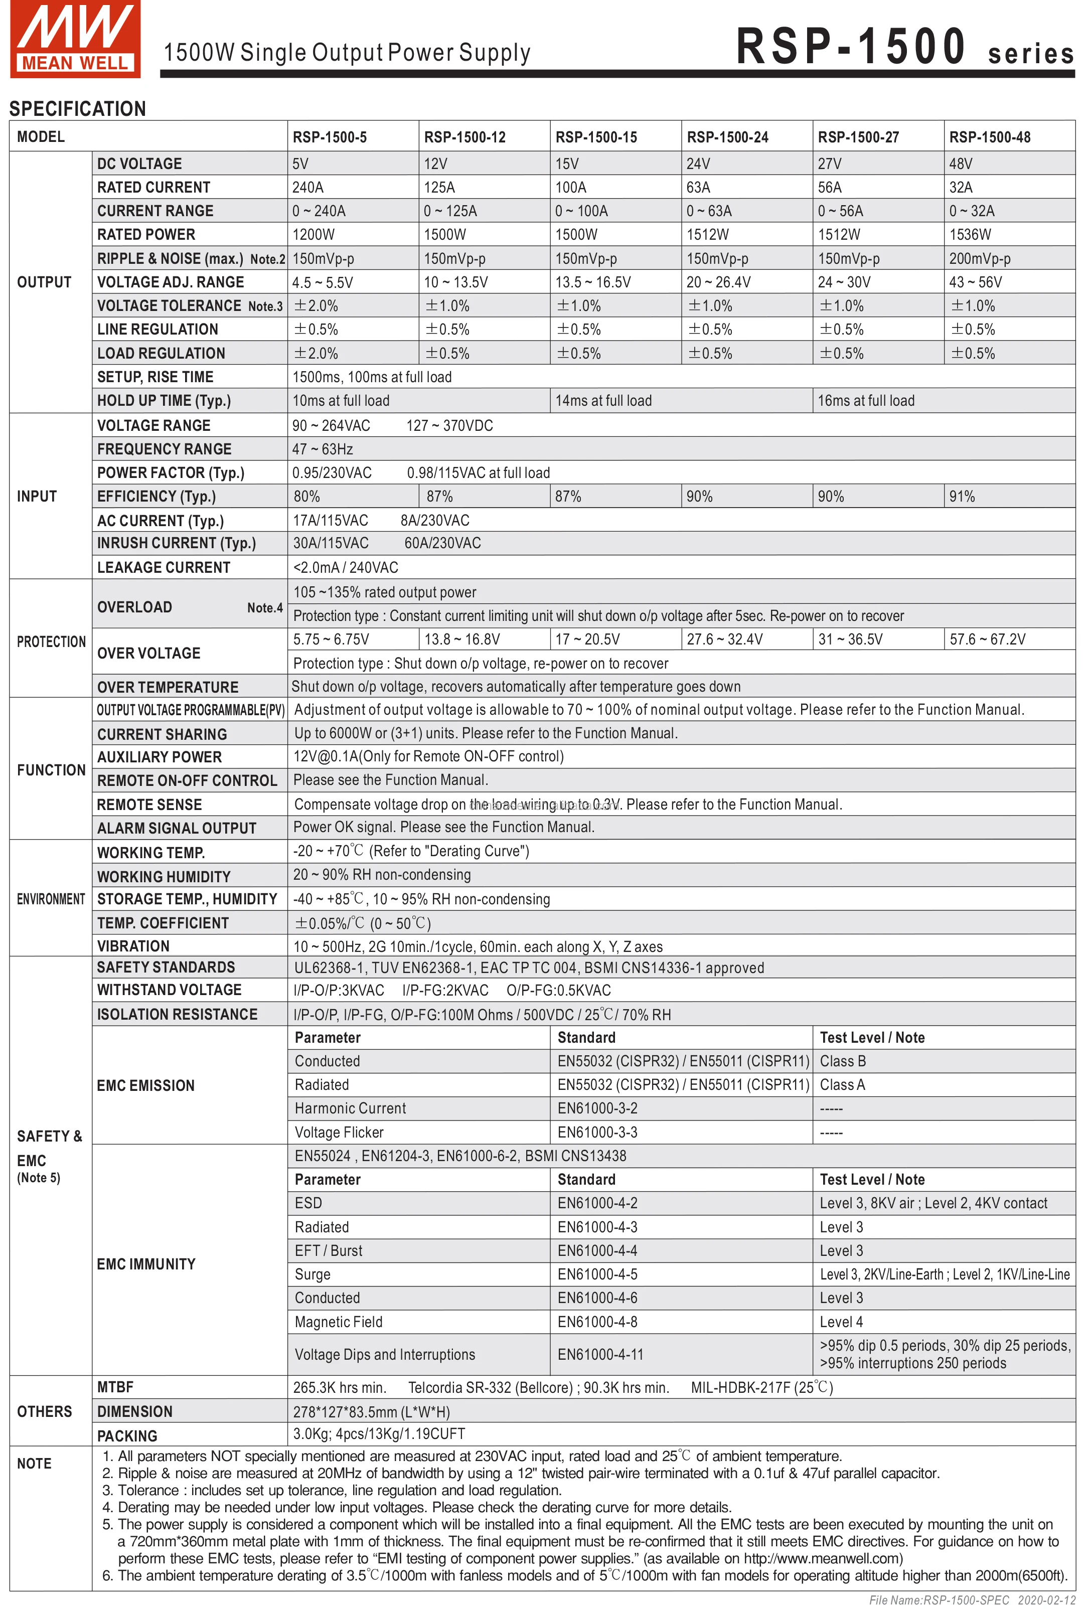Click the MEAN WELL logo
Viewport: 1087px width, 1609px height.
click(x=75, y=39)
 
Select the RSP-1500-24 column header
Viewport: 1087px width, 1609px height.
click(x=727, y=137)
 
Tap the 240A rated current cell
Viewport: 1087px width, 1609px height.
click(x=308, y=188)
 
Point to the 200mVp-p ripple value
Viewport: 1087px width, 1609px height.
click(x=979, y=259)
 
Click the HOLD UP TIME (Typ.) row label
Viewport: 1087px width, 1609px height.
click(x=164, y=401)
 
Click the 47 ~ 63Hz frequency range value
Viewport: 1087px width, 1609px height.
click(x=323, y=449)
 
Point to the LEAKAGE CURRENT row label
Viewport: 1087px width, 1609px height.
click(x=164, y=568)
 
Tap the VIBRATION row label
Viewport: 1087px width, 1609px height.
click(x=133, y=946)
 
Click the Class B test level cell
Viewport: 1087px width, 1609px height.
click(x=843, y=1061)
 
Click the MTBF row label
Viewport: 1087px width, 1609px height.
click(x=115, y=1387)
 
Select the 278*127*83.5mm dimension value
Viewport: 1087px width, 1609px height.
click(x=371, y=1412)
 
